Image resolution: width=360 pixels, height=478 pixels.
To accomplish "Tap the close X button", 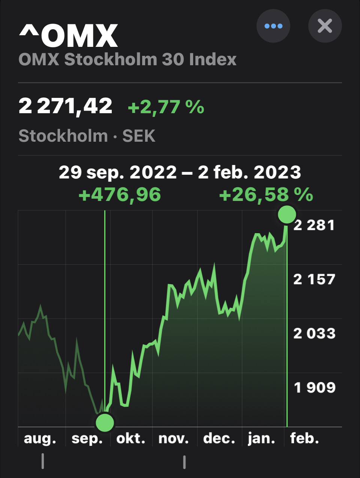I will [325, 26].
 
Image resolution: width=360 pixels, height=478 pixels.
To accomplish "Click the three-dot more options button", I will [273, 26].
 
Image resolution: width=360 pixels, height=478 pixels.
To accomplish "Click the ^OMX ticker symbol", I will [68, 36].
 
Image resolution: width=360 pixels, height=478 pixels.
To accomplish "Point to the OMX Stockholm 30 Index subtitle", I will [127, 60].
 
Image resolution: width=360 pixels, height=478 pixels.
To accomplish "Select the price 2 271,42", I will [66, 106].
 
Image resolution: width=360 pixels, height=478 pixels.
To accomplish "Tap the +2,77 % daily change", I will [166, 107].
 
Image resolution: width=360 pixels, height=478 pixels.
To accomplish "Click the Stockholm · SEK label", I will [87, 136].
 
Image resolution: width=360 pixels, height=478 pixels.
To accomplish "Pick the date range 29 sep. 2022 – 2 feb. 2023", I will [180, 172].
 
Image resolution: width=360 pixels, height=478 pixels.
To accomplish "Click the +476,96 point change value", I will [120, 195].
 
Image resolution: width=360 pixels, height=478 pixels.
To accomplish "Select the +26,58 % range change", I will [266, 195].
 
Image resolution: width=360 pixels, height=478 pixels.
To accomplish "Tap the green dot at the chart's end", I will [287, 214].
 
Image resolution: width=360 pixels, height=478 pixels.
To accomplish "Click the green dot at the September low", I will [105, 423].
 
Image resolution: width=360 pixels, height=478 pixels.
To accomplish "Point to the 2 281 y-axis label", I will [314, 225].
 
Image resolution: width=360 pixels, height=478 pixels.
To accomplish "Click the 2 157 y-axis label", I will [314, 279].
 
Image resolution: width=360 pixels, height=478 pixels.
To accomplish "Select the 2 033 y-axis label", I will [314, 333].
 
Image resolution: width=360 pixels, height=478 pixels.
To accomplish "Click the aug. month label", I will [40, 438].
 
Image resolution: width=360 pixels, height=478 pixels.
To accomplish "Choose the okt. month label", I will [131, 438].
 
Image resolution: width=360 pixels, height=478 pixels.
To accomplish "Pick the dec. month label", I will [219, 438].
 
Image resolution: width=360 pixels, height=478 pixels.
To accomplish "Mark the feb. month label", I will [304, 438].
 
